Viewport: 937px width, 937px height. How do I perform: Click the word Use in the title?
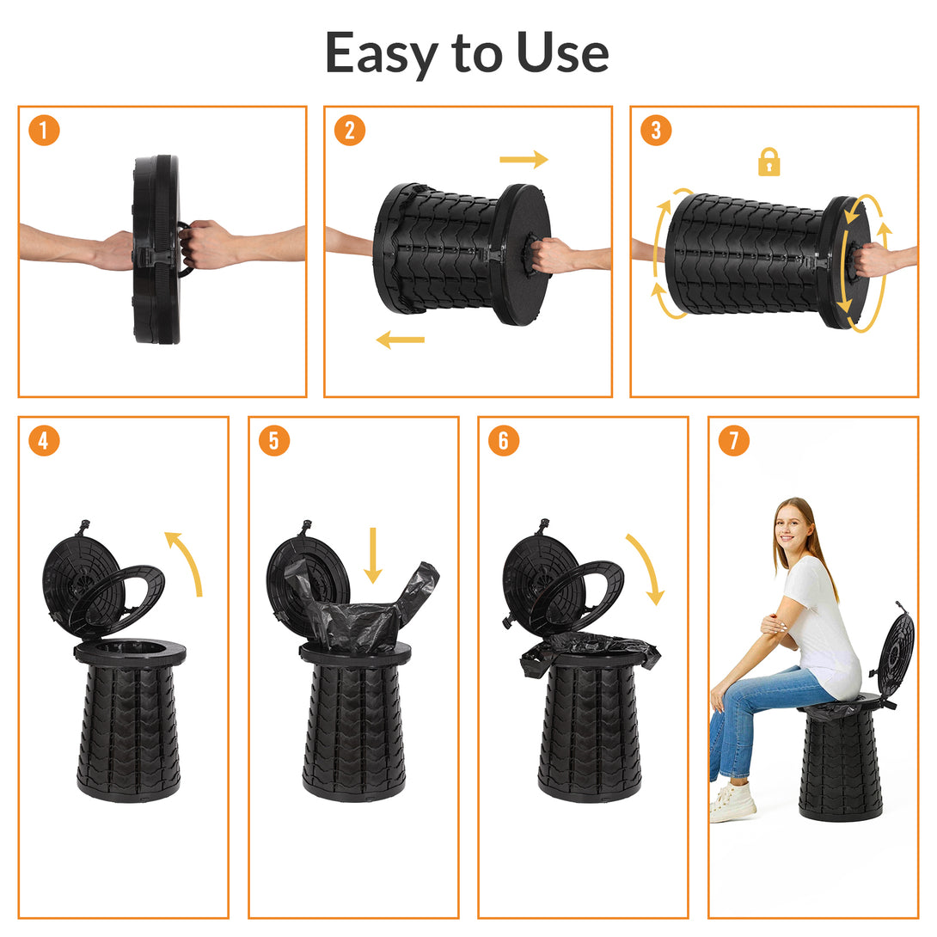coord(563,52)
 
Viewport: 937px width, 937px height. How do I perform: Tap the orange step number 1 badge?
coord(44,131)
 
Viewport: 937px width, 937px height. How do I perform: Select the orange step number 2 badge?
coord(350,131)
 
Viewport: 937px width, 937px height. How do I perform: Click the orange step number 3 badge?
coord(656,131)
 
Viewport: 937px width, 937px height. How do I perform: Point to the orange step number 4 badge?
coord(44,441)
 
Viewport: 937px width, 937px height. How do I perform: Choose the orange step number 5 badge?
coord(274,441)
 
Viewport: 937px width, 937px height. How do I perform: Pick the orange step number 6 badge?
coord(504,441)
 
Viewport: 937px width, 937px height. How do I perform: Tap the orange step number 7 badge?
coord(733,441)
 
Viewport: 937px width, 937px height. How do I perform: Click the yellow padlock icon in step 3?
coord(769,162)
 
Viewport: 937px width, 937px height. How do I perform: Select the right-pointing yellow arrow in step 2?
coord(524,159)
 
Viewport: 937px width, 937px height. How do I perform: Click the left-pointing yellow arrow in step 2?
coord(401,340)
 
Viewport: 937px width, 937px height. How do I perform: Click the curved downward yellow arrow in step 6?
coord(646,567)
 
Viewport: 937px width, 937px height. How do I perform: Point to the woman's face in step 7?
coord(791,525)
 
